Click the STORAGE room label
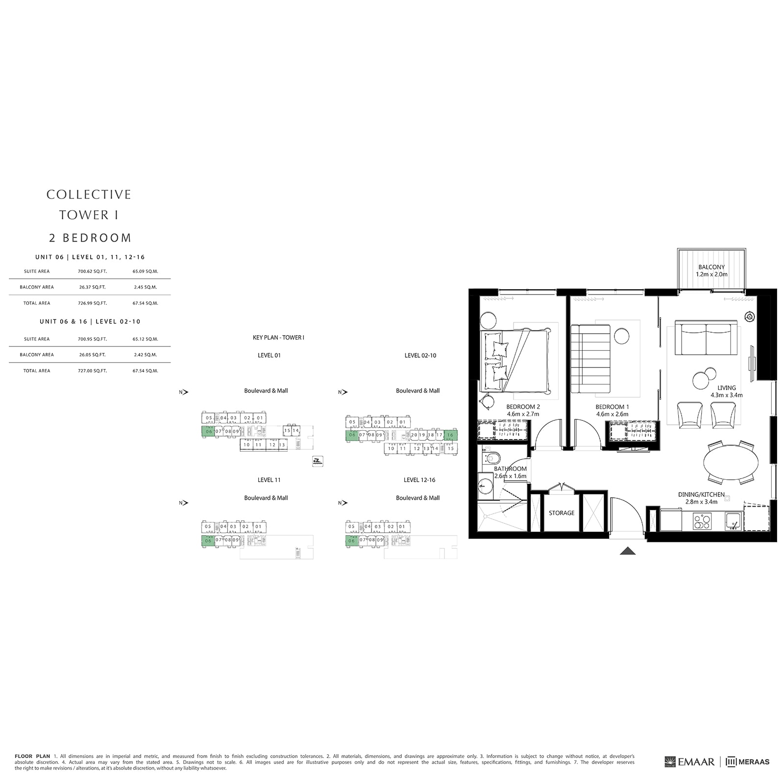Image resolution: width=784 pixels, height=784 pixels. click(562, 513)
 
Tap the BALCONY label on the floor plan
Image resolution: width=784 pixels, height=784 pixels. click(711, 267)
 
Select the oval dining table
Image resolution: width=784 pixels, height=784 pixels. click(731, 463)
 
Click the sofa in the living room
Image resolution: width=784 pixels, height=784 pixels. click(706, 338)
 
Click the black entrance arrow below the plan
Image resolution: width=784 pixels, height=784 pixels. click(628, 551)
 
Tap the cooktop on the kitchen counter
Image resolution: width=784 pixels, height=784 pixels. click(702, 520)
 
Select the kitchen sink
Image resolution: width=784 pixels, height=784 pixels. click(733, 520)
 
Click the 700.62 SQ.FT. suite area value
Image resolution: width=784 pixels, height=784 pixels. click(92, 271)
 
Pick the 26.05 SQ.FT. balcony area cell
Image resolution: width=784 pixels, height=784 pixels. click(92, 355)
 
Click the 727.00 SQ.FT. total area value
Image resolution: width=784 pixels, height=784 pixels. click(92, 371)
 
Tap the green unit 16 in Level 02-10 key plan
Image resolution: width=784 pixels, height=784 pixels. click(450, 435)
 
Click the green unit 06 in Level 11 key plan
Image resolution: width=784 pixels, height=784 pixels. click(208, 541)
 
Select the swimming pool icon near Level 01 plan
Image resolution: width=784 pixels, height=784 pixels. click(318, 461)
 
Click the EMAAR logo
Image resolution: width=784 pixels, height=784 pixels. click(690, 761)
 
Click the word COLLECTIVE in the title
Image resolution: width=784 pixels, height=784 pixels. click(89, 195)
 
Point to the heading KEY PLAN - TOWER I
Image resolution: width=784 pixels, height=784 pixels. click(278, 338)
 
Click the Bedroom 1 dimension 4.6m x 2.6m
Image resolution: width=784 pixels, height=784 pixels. click(612, 414)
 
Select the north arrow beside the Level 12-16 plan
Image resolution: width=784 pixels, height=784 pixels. click(343, 503)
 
